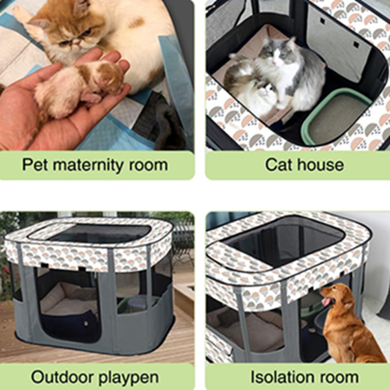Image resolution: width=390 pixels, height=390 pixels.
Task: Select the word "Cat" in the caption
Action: click(x=278, y=164)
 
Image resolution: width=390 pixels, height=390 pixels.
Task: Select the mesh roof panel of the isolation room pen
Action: click(x=286, y=240)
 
